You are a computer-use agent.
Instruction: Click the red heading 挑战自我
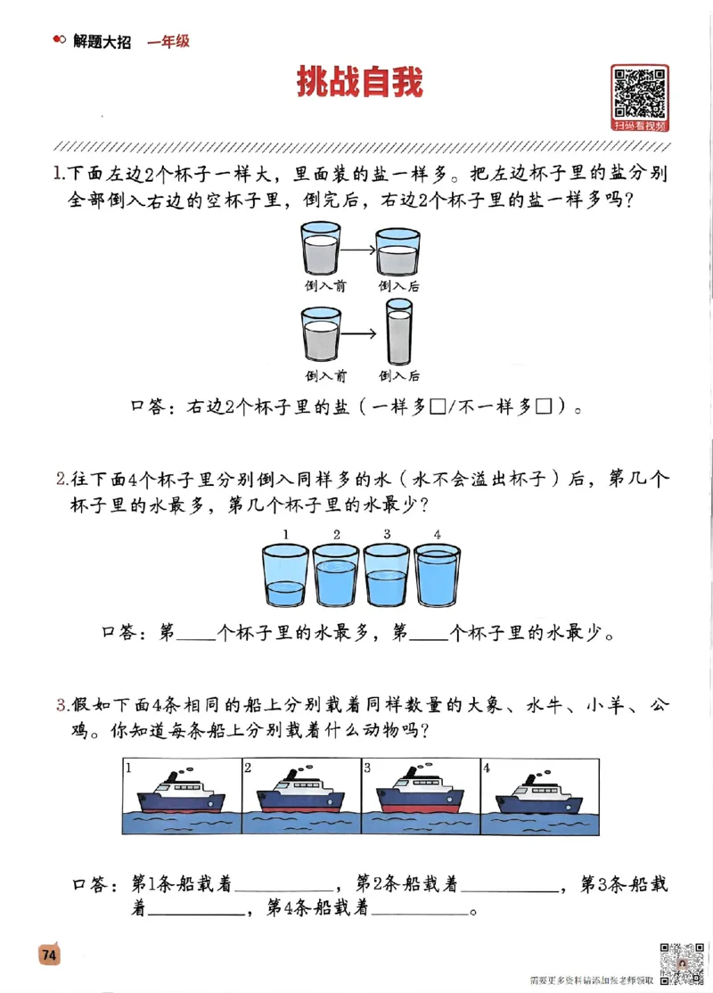point(360,83)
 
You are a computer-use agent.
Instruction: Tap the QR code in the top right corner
point(640,93)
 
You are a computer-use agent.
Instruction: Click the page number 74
point(48,954)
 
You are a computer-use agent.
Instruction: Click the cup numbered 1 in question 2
point(285,577)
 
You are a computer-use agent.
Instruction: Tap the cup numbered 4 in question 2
point(438,577)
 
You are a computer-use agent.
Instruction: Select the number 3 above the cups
point(387,535)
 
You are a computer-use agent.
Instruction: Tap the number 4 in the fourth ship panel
point(486,767)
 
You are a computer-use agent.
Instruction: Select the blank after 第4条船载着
point(418,910)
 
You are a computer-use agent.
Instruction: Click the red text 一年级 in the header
point(168,41)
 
